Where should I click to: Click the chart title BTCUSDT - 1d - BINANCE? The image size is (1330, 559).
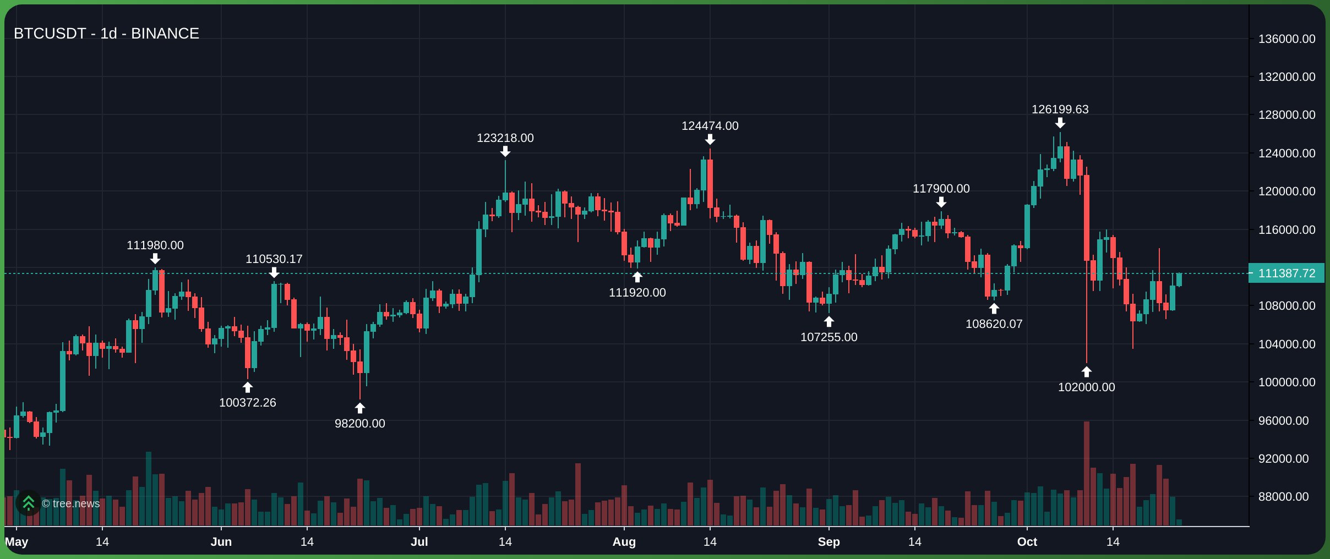coord(106,34)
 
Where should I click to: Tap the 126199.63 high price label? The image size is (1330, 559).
coord(1060,109)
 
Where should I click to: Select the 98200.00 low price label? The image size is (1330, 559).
coord(359,424)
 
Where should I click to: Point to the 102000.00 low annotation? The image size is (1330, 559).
coord(1086,387)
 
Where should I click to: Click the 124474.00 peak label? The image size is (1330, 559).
coord(710,126)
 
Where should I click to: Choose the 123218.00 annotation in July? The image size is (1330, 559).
coord(505,138)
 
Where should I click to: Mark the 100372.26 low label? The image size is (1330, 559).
coord(247,403)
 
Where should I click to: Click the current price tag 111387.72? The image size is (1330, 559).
coord(1286,273)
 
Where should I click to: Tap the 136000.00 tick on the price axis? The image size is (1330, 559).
coord(1286,39)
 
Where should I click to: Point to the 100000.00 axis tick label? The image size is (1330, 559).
coord(1286,382)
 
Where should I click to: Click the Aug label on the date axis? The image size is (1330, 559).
coord(624,542)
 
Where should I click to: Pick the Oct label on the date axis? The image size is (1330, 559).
coord(1027,542)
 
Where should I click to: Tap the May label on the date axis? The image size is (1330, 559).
coord(17,542)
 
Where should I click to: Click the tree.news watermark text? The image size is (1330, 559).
coord(70,504)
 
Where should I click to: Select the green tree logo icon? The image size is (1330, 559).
coord(29,503)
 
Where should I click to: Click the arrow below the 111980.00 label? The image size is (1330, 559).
coord(155,259)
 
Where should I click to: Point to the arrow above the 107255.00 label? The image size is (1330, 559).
coord(828,322)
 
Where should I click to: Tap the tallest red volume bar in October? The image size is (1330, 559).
coord(1086,473)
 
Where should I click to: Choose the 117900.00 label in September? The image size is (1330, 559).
coord(941,189)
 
